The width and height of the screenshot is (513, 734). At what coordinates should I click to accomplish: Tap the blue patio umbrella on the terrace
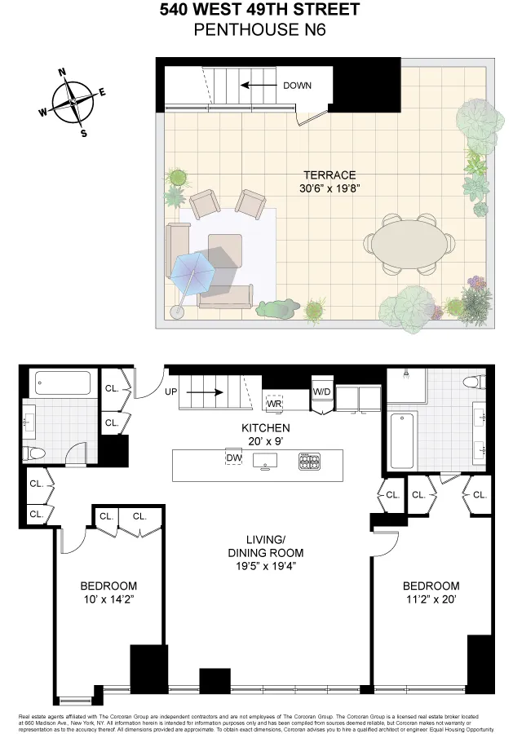pos(192,270)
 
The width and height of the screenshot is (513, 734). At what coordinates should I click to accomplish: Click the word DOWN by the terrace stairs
pos(298,86)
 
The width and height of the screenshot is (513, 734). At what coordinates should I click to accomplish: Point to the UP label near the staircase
pos(171,392)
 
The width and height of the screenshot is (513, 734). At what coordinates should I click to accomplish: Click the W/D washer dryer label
pos(323,392)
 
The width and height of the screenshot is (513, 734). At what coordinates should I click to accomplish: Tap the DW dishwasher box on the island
pos(234,459)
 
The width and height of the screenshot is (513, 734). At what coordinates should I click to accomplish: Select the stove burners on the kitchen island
pos(310,462)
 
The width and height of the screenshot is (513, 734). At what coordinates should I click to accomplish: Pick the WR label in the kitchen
pos(274,403)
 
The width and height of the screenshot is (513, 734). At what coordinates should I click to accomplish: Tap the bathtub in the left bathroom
pos(63,383)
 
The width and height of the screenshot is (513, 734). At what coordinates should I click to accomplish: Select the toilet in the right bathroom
pos(474,382)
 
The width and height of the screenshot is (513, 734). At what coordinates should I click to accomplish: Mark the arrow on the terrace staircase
pos(256,84)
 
